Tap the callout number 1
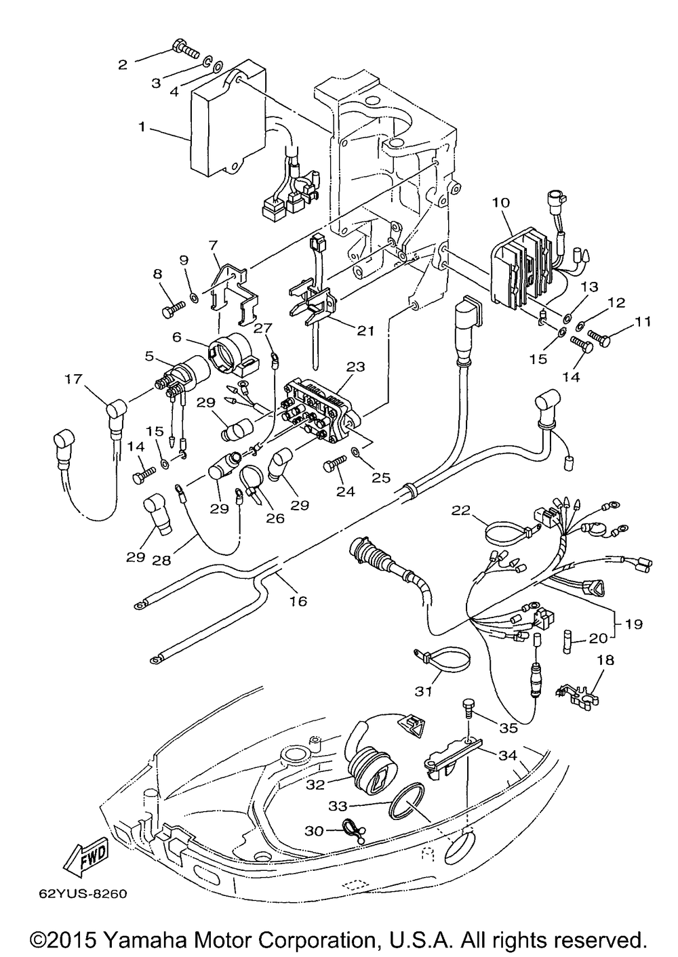(142, 127)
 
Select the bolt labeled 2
(186, 49)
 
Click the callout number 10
(501, 202)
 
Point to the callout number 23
(356, 367)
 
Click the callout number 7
(213, 245)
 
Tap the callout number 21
(365, 330)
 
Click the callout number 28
(161, 560)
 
